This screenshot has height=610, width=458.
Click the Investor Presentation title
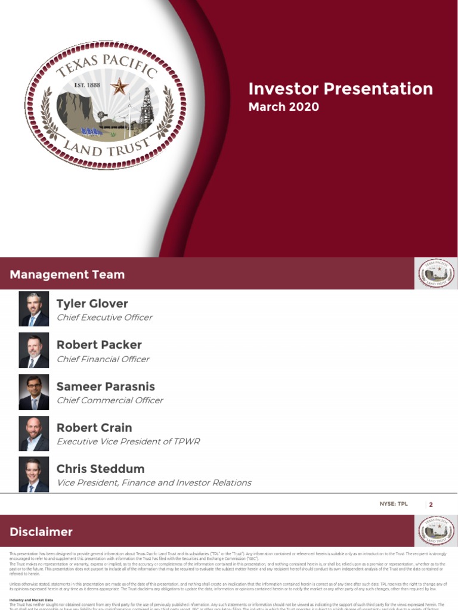pyautogui.click(x=341, y=89)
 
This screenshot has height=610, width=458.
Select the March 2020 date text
pyautogui.click(x=283, y=107)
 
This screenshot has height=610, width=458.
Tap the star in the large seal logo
pyautogui.click(x=119, y=88)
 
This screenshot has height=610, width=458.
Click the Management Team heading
pyautogui.click(x=67, y=275)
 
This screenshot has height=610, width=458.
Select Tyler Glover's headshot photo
pyautogui.click(x=34, y=309)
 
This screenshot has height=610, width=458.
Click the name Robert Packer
pyautogui.click(x=99, y=345)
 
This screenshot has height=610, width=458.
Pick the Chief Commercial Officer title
pyautogui.click(x=109, y=400)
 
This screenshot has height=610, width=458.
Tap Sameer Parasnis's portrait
pyautogui.click(x=34, y=392)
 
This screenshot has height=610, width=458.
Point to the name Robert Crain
pyautogui.click(x=94, y=428)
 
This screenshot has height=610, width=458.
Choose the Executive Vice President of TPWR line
pyautogui.click(x=128, y=441)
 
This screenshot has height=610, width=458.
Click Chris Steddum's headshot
pyautogui.click(x=34, y=475)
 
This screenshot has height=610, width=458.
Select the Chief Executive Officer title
pyautogui.click(x=104, y=318)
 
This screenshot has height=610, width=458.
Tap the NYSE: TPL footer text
pyautogui.click(x=395, y=504)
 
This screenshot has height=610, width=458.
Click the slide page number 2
pyautogui.click(x=431, y=505)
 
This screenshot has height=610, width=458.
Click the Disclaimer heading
pyautogui.click(x=41, y=532)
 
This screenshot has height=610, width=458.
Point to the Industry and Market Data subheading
pyautogui.click(x=32, y=600)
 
